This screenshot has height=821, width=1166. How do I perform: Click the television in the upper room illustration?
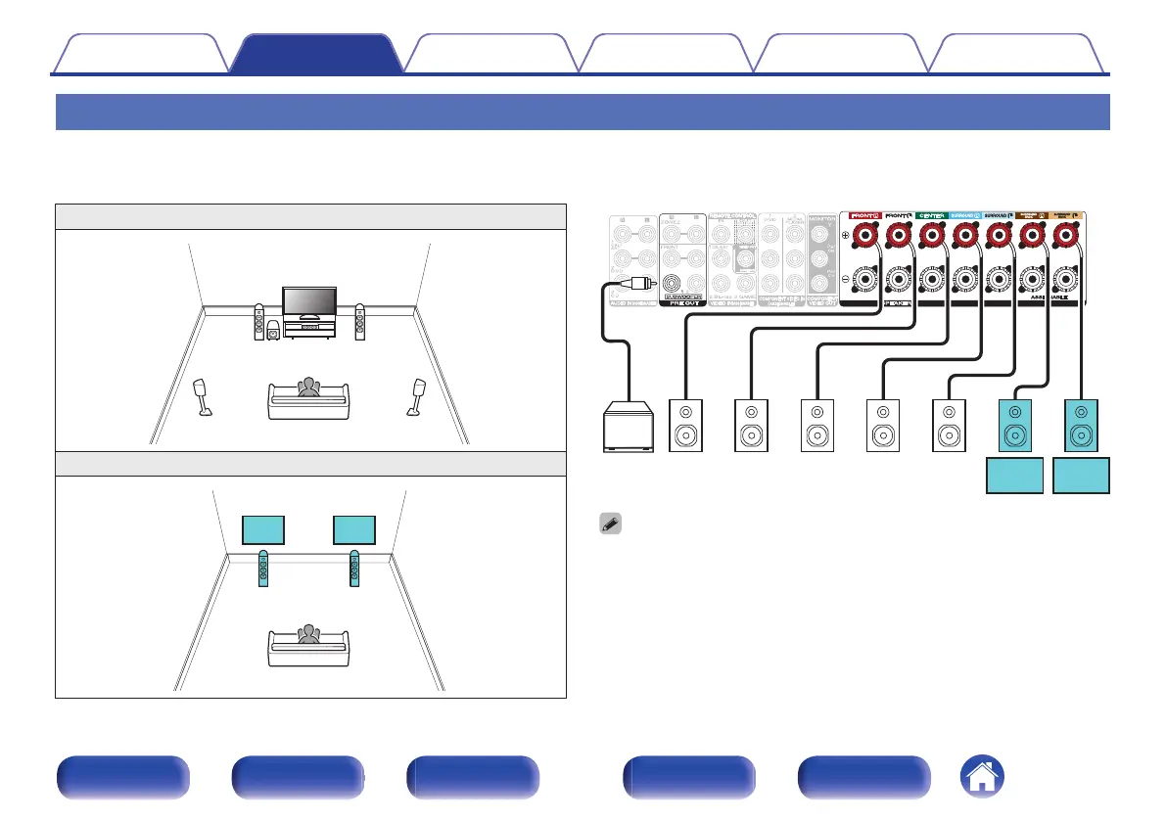click(x=309, y=303)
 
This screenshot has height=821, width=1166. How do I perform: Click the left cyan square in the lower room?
click(x=263, y=529)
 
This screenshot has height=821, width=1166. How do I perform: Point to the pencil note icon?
click(x=609, y=525)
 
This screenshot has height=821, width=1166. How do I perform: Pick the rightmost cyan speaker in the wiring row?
click(x=1082, y=426)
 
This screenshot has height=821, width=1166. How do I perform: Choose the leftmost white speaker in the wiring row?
click(x=685, y=426)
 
